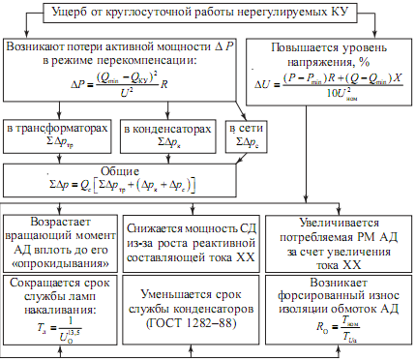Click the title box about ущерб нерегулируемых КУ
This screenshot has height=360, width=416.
tap(208, 14)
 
